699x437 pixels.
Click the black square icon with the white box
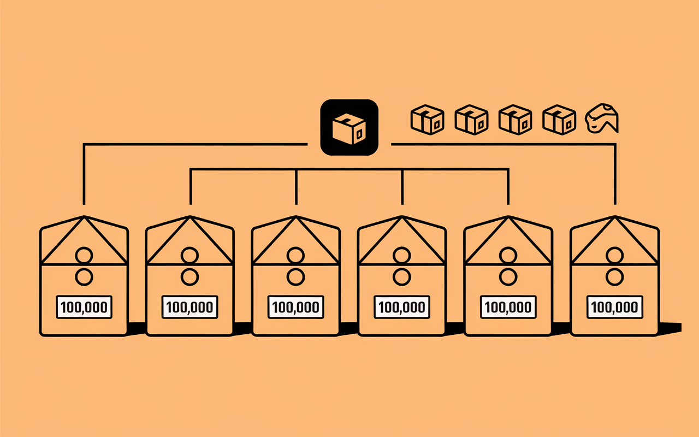coord(349,127)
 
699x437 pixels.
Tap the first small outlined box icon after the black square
coord(427,120)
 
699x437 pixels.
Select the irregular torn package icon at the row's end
coord(602,119)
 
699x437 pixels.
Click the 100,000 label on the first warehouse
coord(84,307)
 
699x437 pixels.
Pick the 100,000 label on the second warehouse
coord(189,307)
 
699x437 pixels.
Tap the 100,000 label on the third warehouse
coord(296,307)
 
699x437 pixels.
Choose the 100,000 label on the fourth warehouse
coord(402,307)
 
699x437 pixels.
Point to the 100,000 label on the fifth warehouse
coord(508,307)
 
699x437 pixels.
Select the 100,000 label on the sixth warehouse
coord(615,307)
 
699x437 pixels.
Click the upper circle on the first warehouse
coord(84,256)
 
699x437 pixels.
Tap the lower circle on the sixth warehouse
coord(615,277)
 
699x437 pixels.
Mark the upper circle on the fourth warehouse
coord(402,256)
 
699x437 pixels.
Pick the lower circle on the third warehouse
coord(296,277)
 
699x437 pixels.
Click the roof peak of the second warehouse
coord(189,216)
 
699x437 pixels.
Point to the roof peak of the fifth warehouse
coord(508,216)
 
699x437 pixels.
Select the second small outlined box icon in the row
coord(471,120)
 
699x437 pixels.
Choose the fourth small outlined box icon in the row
coord(559,120)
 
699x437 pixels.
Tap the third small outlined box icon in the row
coord(515,120)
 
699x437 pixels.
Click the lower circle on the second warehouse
coord(189,277)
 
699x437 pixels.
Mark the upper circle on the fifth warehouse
coord(508,256)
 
